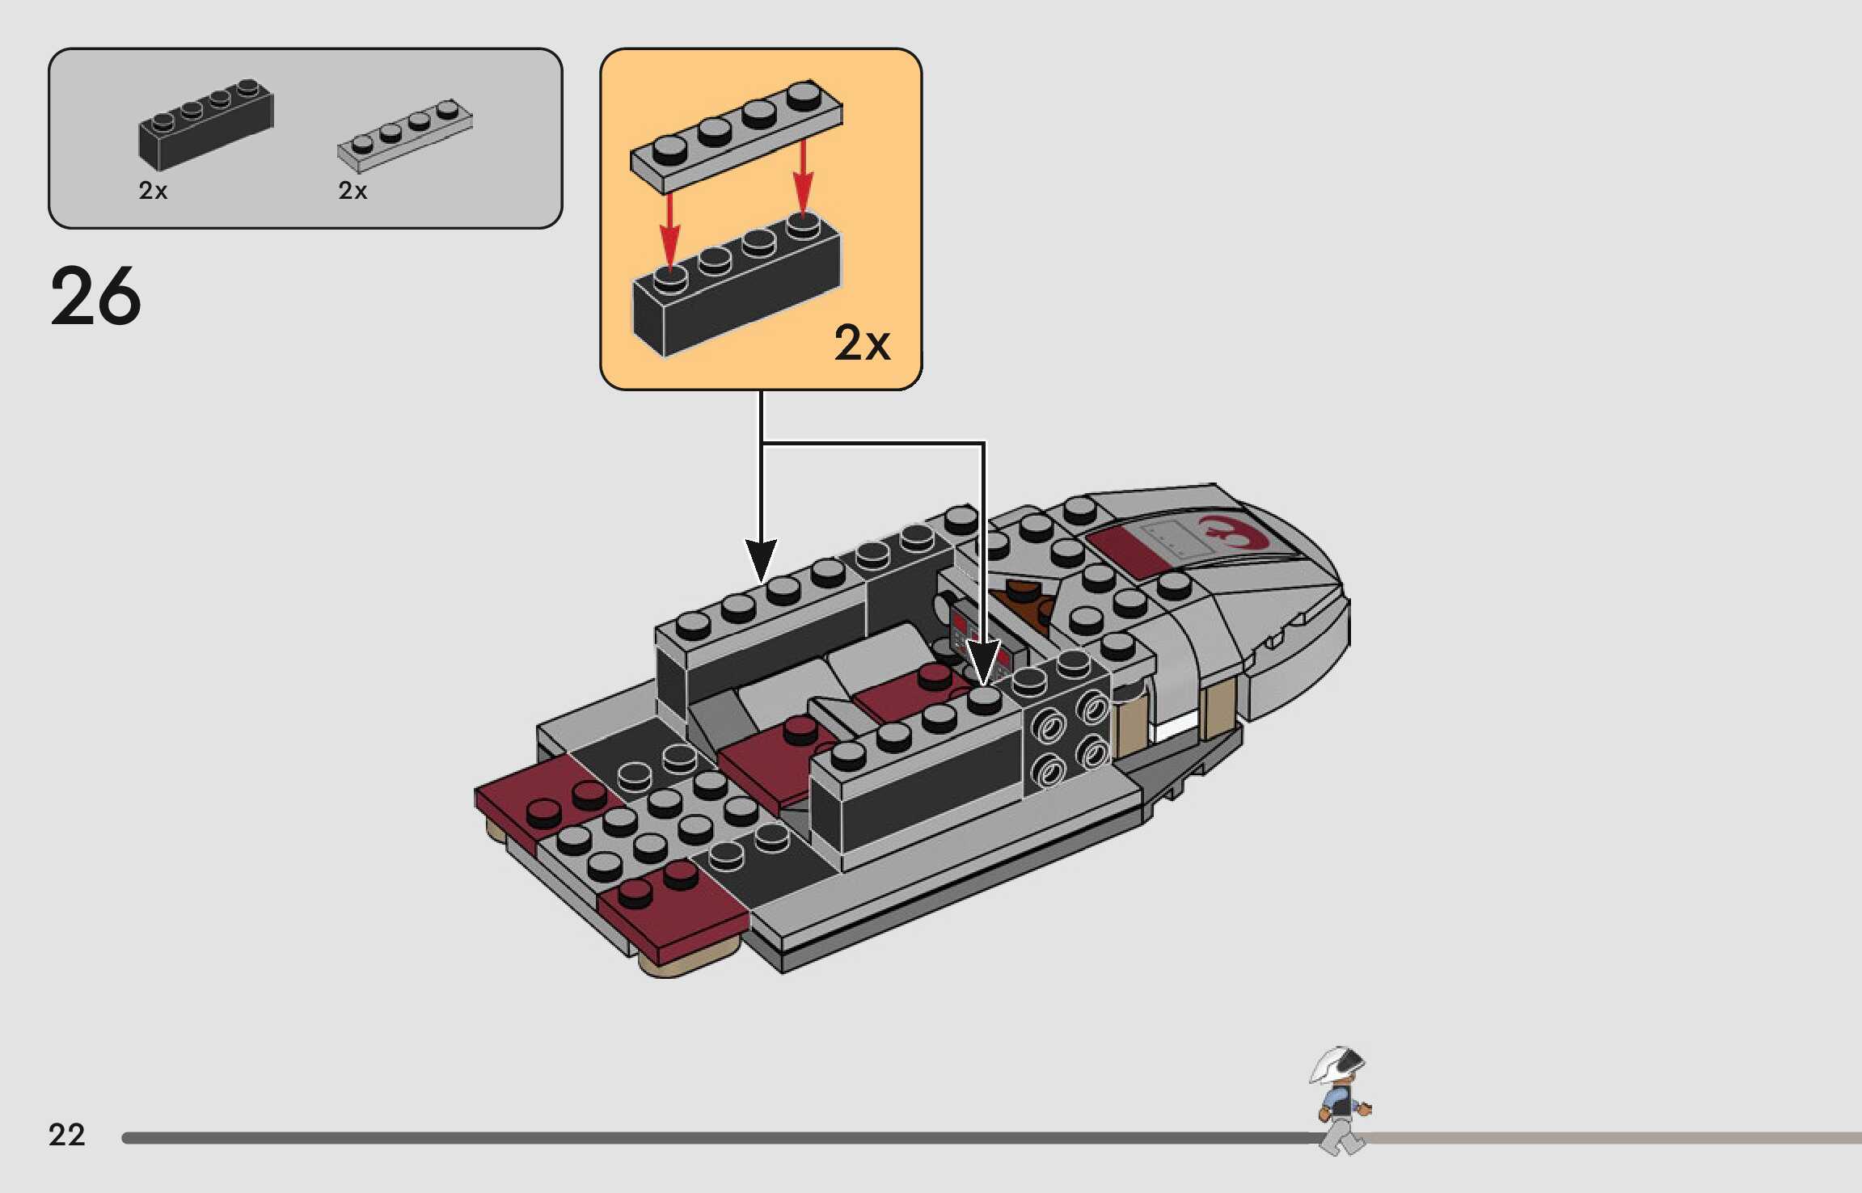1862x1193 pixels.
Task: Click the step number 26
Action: click(95, 297)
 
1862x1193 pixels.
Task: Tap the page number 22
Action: click(66, 1135)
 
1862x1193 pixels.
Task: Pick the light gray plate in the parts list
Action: click(404, 135)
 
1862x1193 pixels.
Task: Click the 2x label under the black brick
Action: click(153, 191)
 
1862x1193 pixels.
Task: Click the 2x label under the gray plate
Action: click(353, 191)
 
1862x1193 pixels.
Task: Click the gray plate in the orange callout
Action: click(736, 137)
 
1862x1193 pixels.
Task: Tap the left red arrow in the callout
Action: click(669, 230)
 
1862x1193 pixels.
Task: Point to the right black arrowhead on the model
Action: click(983, 663)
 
